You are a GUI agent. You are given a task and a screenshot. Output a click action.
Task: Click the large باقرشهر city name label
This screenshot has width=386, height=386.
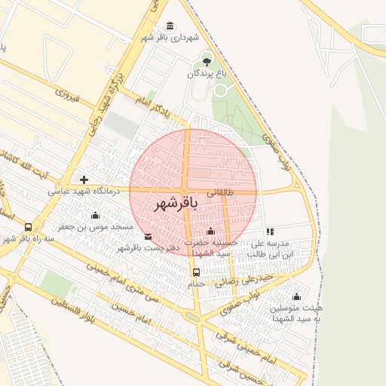point(176,204)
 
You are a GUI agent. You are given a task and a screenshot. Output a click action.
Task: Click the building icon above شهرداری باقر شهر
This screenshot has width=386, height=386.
point(170,25)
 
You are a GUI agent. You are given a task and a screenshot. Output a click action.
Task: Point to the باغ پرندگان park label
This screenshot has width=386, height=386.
point(207,74)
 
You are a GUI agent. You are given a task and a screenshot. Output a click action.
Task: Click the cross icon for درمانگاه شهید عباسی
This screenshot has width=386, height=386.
point(83,180)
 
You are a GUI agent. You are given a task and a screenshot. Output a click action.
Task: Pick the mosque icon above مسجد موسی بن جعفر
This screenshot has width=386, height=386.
point(95,216)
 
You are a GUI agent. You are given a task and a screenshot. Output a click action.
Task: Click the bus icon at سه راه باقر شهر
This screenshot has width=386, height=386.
point(29,227)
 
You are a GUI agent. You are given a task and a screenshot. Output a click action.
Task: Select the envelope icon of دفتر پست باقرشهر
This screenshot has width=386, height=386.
point(147,237)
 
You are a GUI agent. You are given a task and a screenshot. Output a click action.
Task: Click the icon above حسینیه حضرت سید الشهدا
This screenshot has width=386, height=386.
point(210,231)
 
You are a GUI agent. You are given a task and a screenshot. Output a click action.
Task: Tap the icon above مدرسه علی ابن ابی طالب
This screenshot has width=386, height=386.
point(270,231)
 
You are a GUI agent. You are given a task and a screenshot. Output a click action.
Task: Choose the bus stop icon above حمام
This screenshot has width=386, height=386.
point(197,272)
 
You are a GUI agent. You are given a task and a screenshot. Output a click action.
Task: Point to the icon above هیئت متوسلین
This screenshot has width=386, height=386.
point(296,296)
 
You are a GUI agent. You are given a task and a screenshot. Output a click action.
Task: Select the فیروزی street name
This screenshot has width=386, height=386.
point(67,95)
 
